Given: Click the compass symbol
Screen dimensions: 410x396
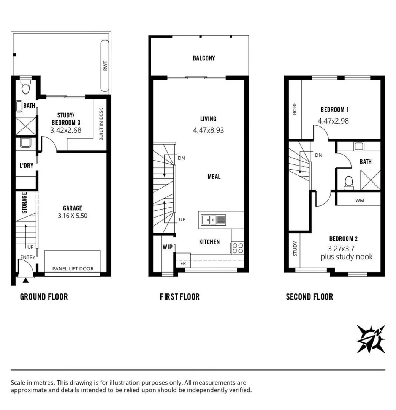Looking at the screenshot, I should (x=371, y=339).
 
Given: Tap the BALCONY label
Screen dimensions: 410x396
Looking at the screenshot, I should (x=204, y=58).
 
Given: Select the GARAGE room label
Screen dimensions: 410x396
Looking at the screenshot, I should (x=73, y=208).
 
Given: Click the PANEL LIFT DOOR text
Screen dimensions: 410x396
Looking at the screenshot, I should (x=73, y=269).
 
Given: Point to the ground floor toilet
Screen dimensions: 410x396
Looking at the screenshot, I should (x=26, y=88).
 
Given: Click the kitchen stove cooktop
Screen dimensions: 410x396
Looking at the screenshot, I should (x=238, y=248).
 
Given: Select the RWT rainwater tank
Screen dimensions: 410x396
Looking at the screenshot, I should (x=105, y=67).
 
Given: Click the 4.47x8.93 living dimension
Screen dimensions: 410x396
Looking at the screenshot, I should (x=208, y=130).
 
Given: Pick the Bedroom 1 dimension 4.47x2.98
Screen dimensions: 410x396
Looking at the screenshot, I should (x=333, y=121).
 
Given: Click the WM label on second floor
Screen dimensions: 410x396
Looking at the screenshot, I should (x=360, y=200).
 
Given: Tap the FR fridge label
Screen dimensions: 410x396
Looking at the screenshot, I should (x=183, y=263).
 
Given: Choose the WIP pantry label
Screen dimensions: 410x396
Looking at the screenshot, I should (x=168, y=247).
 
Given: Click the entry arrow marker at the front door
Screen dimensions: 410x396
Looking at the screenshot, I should (x=25, y=281).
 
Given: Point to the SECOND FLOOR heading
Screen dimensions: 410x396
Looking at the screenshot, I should (x=309, y=297).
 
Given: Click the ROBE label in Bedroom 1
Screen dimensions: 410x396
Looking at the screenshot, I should (x=295, y=109).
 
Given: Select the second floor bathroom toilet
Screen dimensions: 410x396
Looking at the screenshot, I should (x=348, y=183).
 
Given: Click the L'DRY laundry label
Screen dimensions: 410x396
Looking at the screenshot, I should (x=26, y=166).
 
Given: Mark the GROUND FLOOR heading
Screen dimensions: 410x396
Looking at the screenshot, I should (x=44, y=297).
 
